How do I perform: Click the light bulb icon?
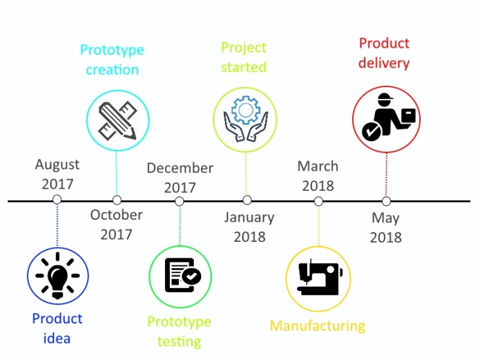pyautogui.click(x=57, y=276)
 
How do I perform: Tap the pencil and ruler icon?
pyautogui.click(x=117, y=120)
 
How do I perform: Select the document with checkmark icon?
pyautogui.click(x=183, y=275)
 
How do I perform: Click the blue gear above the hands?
pyautogui.click(x=245, y=111)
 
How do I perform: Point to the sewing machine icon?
pyautogui.click(x=320, y=278)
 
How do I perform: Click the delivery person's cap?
pyautogui.click(x=385, y=98)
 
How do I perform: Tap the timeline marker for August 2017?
pyautogui.click(x=57, y=200)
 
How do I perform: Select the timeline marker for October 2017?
pyautogui.click(x=117, y=200)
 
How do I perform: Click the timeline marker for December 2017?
pyautogui.click(x=180, y=201)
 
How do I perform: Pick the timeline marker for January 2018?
pyautogui.click(x=247, y=200)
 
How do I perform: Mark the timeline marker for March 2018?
pyautogui.click(x=318, y=201)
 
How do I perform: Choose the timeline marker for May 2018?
pyautogui.click(x=386, y=201)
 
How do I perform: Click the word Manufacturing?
pyautogui.click(x=318, y=326)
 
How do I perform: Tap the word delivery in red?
pyautogui.click(x=384, y=63)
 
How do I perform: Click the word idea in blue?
pyautogui.click(x=57, y=339)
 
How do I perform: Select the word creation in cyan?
pyautogui.click(x=113, y=70)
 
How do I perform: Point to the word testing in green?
pyautogui.click(x=180, y=341)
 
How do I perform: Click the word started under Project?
pyautogui.click(x=244, y=67)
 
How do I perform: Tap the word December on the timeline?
pyautogui.click(x=180, y=168)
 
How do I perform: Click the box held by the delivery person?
pyautogui.click(x=407, y=116)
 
